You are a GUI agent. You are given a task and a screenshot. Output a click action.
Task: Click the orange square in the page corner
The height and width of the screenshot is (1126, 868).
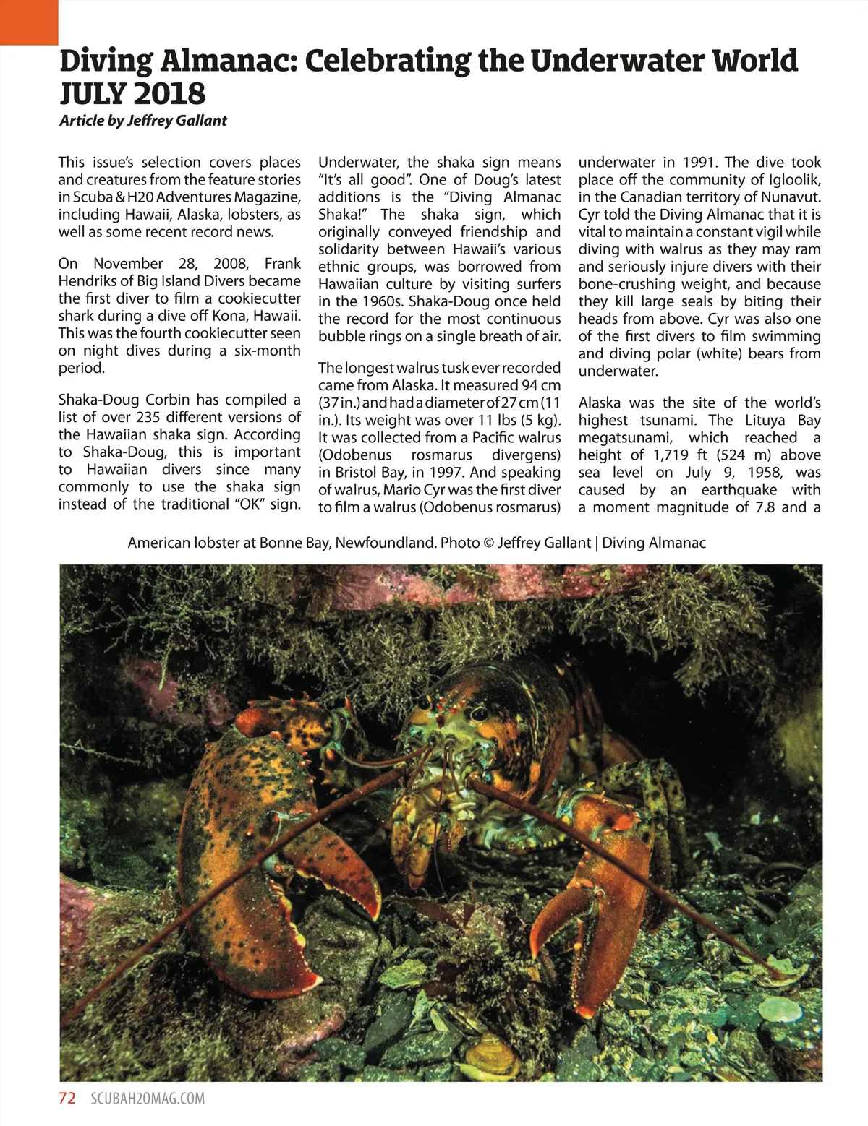click(28, 22)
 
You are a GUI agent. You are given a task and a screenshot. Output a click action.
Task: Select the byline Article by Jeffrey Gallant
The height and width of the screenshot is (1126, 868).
click(143, 121)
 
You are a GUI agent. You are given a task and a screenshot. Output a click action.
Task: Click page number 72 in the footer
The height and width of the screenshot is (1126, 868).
click(67, 1099)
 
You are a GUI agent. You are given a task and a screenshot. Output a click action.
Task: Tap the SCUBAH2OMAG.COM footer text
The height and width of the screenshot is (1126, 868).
click(148, 1099)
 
